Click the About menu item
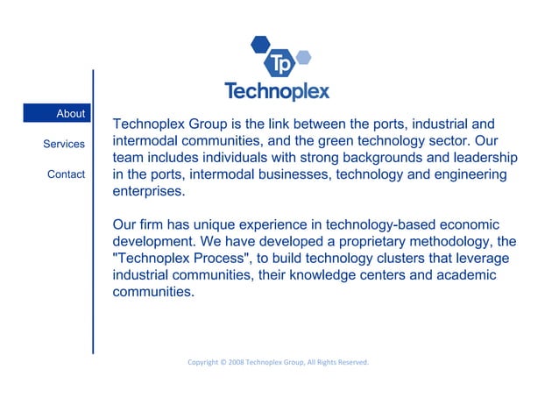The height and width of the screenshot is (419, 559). (70, 114)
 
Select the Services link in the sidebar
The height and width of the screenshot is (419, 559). (64, 144)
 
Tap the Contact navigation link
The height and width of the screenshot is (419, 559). (66, 174)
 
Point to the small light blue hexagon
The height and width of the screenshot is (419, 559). (303, 58)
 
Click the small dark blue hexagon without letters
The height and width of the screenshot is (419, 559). (259, 43)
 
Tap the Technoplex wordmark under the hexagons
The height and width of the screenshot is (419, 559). (277, 91)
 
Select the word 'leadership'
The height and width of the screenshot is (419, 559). (478, 158)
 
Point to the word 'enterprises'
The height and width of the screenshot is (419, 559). (150, 191)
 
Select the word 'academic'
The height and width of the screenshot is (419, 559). (465, 275)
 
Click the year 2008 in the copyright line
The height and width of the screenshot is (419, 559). (236, 362)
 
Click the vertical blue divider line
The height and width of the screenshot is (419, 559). (93, 210)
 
